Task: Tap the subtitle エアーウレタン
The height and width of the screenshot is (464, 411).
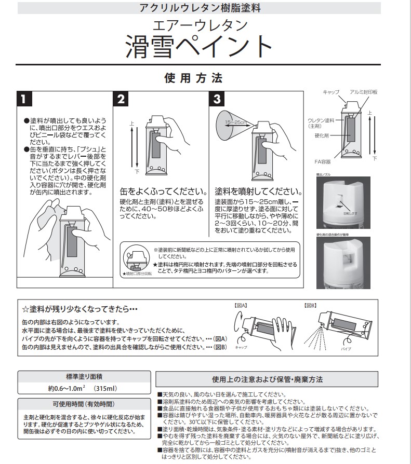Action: point(200,24)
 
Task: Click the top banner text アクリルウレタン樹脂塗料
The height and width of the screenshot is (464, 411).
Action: point(200,8)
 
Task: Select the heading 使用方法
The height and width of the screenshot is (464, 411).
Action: point(193,78)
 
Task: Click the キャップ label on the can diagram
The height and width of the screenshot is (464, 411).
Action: point(330,92)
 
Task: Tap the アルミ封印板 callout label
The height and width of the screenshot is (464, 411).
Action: point(364,92)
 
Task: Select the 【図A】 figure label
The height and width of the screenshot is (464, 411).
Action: point(242,306)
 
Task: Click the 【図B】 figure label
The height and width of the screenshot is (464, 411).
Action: point(311,306)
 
